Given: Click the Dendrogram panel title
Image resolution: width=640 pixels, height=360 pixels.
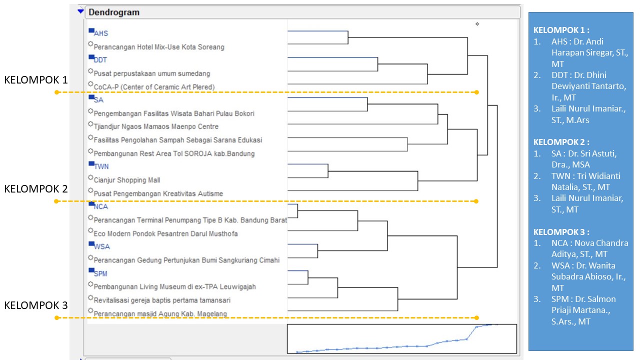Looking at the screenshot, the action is click(x=114, y=12).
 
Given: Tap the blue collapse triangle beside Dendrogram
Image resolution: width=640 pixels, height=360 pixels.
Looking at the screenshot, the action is click(x=80, y=11).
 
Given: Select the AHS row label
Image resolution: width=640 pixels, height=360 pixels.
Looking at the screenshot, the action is click(x=101, y=33).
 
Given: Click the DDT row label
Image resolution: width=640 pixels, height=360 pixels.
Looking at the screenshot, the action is click(x=100, y=60).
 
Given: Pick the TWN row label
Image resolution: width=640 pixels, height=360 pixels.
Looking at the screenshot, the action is click(x=101, y=166).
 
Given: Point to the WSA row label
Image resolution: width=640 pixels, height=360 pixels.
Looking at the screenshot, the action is click(x=101, y=246).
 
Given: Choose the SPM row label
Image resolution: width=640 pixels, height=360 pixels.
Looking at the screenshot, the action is click(x=100, y=273).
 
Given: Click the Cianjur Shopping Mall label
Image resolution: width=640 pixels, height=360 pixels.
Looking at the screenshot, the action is click(x=127, y=180).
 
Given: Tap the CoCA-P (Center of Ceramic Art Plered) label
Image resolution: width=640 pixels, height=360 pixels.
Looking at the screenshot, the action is click(x=154, y=87).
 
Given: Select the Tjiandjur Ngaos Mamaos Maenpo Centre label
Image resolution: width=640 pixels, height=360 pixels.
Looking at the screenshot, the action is click(x=156, y=126).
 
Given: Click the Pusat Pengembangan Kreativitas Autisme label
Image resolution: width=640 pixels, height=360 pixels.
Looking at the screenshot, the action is click(x=158, y=193).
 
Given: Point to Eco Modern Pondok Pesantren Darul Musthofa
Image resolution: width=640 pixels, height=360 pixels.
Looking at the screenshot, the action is click(x=165, y=233).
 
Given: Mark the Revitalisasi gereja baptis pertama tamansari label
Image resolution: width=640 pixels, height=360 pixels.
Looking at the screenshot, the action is click(x=162, y=300).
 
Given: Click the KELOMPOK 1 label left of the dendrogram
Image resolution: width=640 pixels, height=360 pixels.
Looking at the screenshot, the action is click(x=36, y=79).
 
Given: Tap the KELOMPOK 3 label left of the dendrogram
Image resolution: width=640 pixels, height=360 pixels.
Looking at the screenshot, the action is click(x=36, y=305).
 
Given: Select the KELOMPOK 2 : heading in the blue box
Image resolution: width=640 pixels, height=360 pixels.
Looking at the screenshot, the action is click(x=561, y=142).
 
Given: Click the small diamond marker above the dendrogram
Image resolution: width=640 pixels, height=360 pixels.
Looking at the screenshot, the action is click(x=477, y=24).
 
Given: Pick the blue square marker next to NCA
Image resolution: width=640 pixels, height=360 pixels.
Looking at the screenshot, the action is click(x=91, y=203).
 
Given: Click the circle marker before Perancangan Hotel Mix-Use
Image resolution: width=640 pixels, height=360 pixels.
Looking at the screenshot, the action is click(x=90, y=44).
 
